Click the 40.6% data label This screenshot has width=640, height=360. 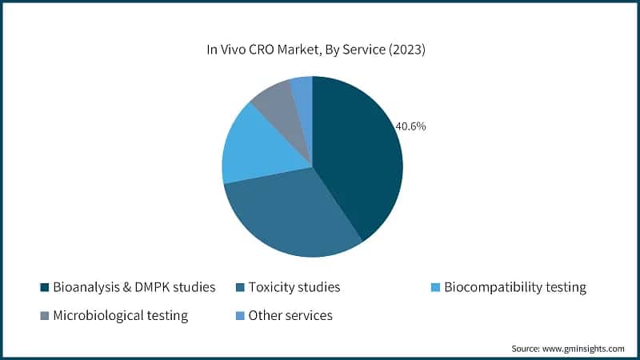click(x=410, y=126)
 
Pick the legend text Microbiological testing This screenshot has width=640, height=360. click(x=120, y=315)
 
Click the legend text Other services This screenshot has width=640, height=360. click(x=290, y=315)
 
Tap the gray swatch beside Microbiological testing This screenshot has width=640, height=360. click(x=44, y=315)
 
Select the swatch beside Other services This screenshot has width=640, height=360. click(x=239, y=315)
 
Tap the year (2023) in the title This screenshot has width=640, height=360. click(x=404, y=50)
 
